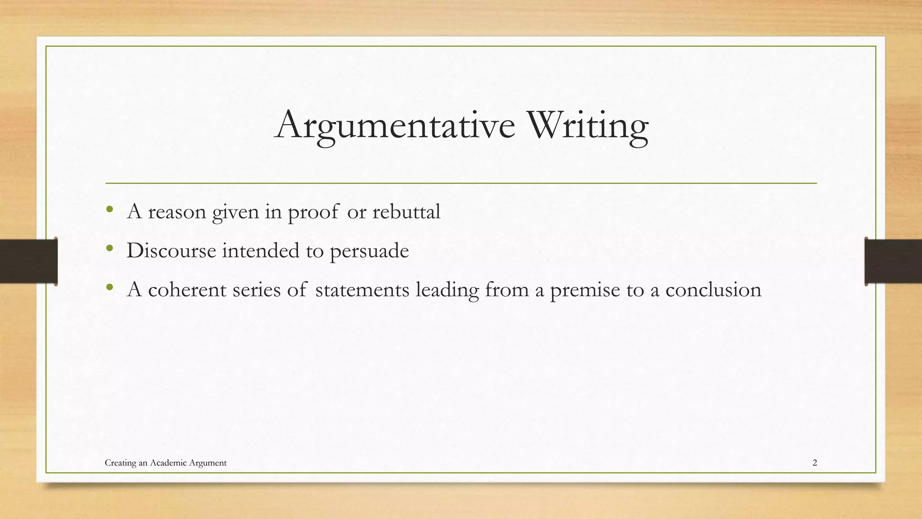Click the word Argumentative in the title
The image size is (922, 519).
pyautogui.click(x=395, y=125)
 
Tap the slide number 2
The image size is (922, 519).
pyautogui.click(x=814, y=463)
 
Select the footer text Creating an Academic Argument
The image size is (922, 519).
pyautogui.click(x=166, y=463)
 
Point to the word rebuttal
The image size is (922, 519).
pyautogui.click(x=406, y=211)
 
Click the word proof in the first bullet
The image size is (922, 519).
pyautogui.click(x=313, y=212)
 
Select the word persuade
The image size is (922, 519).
pyautogui.click(x=369, y=251)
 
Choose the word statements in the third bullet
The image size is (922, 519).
pyautogui.click(x=362, y=289)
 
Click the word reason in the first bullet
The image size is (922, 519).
pyautogui.click(x=177, y=212)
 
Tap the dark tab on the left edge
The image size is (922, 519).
pyautogui.click(x=28, y=261)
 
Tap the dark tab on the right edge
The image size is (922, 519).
pyautogui.click(x=893, y=261)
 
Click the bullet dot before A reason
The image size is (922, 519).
pyautogui.click(x=109, y=209)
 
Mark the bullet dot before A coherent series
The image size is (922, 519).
pyautogui.click(x=109, y=287)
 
